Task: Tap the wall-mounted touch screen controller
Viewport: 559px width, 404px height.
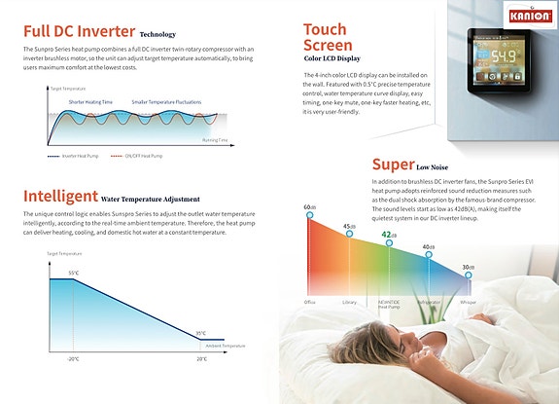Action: pyautogui.click(x=507, y=57)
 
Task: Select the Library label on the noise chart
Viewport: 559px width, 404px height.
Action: pyautogui.click(x=349, y=303)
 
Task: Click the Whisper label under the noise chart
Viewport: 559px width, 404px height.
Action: pyautogui.click(x=469, y=303)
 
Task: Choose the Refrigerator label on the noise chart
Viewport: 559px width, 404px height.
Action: pyautogui.click(x=429, y=303)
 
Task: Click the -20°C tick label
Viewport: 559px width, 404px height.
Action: pyautogui.click(x=73, y=359)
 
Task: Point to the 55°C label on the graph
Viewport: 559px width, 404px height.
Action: pyautogui.click(x=73, y=273)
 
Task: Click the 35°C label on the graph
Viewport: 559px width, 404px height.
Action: pyautogui.click(x=201, y=333)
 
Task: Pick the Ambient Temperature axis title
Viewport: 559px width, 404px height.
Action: pyautogui.click(x=227, y=346)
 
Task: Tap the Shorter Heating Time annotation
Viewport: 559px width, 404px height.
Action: pyautogui.click(x=91, y=101)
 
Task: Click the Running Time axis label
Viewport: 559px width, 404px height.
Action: pyautogui.click(x=215, y=140)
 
